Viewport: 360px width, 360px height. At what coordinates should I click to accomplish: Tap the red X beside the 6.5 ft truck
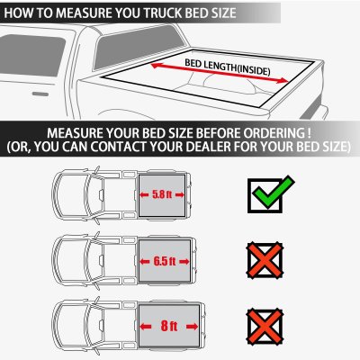[x=265, y=260]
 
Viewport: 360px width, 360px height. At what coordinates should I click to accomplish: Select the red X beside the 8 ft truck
[x=265, y=326]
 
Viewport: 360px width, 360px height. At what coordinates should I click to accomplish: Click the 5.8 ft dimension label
[x=162, y=194]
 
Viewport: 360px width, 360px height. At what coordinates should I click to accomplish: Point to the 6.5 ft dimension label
[x=165, y=261]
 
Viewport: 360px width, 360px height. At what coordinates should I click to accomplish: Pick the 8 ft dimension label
[x=169, y=326]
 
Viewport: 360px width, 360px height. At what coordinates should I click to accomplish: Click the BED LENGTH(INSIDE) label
[x=228, y=67]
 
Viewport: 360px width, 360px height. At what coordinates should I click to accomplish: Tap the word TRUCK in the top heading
[x=162, y=13]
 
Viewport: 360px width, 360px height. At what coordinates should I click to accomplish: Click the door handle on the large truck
[x=40, y=94]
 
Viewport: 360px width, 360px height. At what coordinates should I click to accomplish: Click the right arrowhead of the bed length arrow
[x=283, y=80]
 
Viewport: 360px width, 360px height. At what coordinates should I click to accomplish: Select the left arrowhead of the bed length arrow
[x=156, y=65]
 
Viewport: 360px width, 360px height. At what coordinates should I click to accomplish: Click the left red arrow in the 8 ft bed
[x=146, y=327]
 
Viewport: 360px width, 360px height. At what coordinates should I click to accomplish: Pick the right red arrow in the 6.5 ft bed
[x=184, y=262]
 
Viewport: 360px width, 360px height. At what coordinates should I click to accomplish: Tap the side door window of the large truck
[x=31, y=55]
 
